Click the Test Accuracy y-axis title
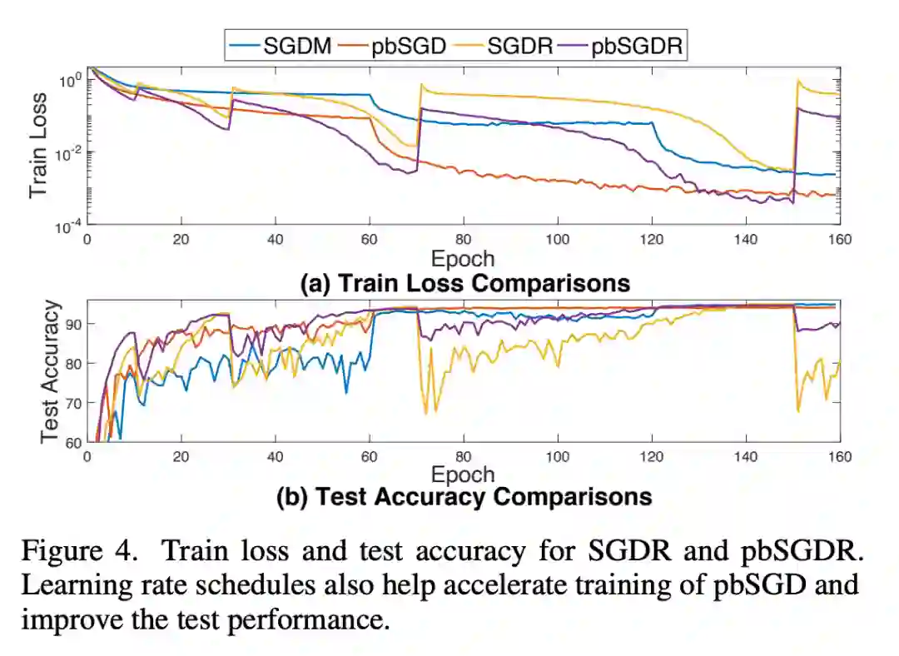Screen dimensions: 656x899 tap(49, 370)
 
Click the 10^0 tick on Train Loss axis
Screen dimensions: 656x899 tap(70, 81)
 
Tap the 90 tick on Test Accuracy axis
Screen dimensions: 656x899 tap(73, 324)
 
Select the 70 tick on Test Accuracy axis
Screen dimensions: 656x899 tap(73, 403)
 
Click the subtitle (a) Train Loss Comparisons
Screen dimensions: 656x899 tap(464, 283)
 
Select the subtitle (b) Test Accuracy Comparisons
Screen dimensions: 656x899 tap(464, 497)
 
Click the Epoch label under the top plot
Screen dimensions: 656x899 tap(463, 259)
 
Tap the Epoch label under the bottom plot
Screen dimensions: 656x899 tap(463, 475)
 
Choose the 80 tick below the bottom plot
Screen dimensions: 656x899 tap(463, 457)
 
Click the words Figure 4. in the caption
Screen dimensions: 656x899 tap(81, 551)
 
